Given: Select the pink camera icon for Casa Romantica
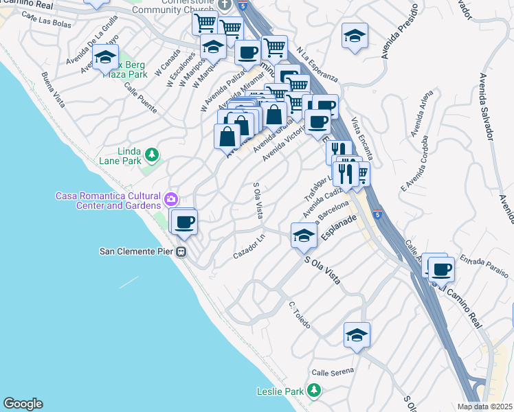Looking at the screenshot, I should tap(170, 201).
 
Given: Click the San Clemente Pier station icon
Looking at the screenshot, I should tap(182, 251).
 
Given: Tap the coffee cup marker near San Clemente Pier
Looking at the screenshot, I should tap(183, 222).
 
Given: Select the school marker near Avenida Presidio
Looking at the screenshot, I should tap(355, 36).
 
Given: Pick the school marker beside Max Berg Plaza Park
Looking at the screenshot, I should tap(106, 58).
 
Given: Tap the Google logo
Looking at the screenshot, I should tap(23, 404).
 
